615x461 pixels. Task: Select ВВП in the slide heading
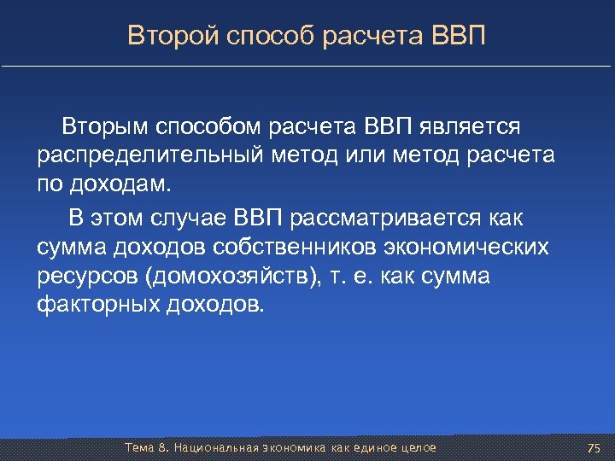pyautogui.click(x=460, y=36)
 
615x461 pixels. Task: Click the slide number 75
pyautogui.click(x=594, y=448)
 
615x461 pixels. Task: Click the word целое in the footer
pyautogui.click(x=415, y=448)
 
